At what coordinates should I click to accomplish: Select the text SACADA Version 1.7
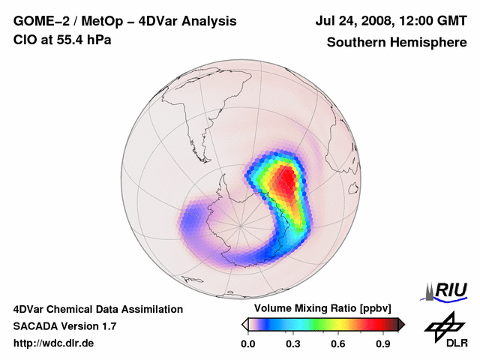click(x=64, y=326)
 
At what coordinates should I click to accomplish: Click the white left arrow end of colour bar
click(x=244, y=324)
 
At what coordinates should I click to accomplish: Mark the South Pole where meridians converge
click(x=241, y=224)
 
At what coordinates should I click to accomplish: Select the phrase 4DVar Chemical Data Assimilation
click(x=98, y=309)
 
